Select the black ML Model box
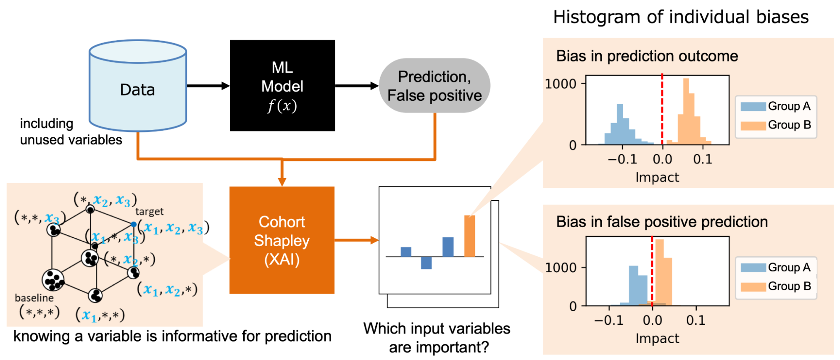click(282, 86)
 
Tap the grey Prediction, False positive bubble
click(434, 86)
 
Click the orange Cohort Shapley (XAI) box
click(282, 240)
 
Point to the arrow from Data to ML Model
click(208, 86)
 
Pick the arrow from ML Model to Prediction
click(357, 86)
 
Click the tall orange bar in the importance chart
click(469, 236)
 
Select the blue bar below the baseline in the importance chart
click(426, 263)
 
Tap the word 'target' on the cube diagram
click(149, 211)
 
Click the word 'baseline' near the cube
click(34, 298)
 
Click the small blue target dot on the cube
click(134, 224)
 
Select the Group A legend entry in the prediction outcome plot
click(776, 106)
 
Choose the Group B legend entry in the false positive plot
click(776, 286)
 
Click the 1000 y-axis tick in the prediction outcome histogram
click(561, 84)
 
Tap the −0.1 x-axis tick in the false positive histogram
click(609, 320)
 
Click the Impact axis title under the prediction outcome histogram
click(657, 177)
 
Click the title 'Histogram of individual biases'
click(681, 17)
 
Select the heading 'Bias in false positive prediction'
click(662, 222)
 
